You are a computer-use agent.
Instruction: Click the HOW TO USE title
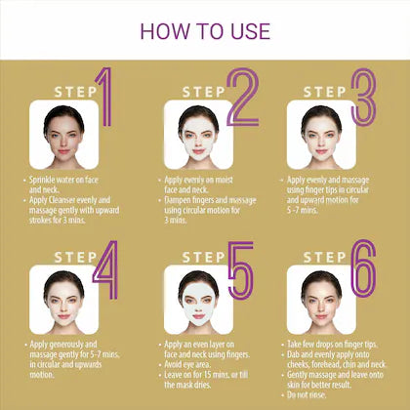(205, 30)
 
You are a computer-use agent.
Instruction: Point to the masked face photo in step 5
(198, 298)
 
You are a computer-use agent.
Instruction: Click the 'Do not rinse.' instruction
(309, 394)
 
